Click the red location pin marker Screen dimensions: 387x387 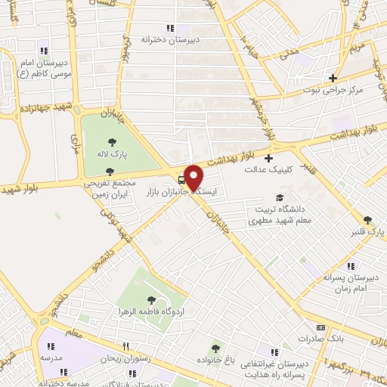click(194, 177)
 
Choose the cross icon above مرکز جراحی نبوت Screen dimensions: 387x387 click(332, 77)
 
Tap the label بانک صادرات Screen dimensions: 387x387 click(322, 339)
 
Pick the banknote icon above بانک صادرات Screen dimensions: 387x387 click(320, 327)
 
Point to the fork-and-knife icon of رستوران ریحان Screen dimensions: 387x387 click(133, 346)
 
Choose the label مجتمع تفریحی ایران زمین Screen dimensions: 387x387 click(111, 188)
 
